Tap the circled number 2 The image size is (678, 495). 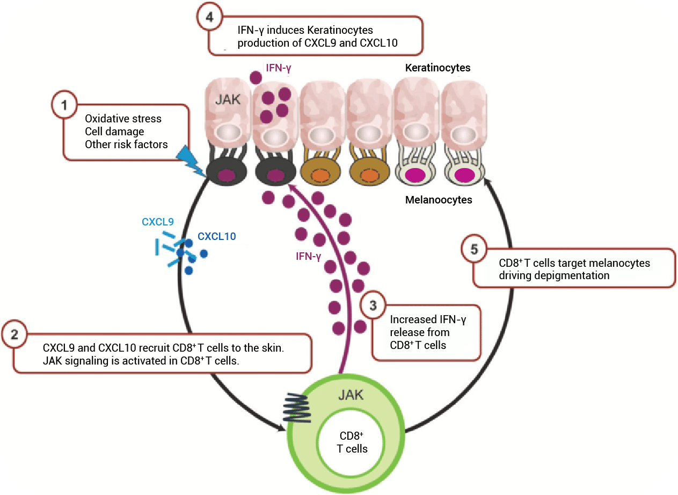(14, 333)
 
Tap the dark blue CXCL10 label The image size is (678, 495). (216, 236)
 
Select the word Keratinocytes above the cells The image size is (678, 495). (438, 68)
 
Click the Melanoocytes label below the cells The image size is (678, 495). (439, 200)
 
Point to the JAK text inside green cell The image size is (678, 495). (351, 395)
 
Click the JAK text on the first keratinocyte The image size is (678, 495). (225, 99)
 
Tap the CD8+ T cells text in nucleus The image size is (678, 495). (352, 442)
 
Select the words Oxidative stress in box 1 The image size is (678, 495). (123, 119)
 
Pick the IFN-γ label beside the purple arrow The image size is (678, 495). (308, 256)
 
